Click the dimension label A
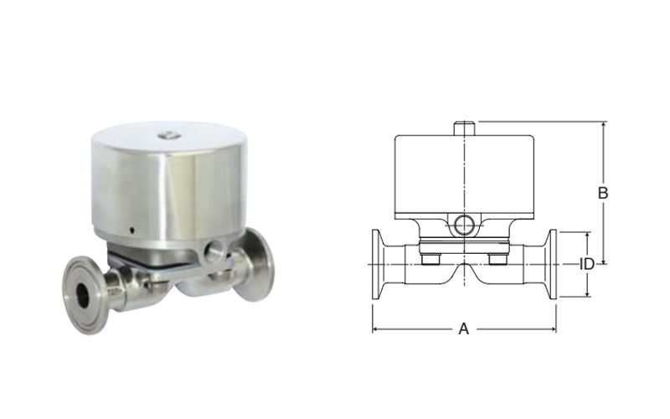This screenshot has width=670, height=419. tap(464, 329)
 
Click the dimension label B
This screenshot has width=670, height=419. tap(602, 194)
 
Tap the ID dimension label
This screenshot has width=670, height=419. tap(587, 264)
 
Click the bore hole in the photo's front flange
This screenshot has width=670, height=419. tap(82, 296)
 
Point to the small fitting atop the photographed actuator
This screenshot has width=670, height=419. tap(167, 135)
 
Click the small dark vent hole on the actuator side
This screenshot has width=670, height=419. tap(132, 230)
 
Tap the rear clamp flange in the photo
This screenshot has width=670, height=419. tap(255, 264)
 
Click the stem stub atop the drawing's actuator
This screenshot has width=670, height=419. tap(464, 129)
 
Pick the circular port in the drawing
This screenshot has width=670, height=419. tap(464, 225)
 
